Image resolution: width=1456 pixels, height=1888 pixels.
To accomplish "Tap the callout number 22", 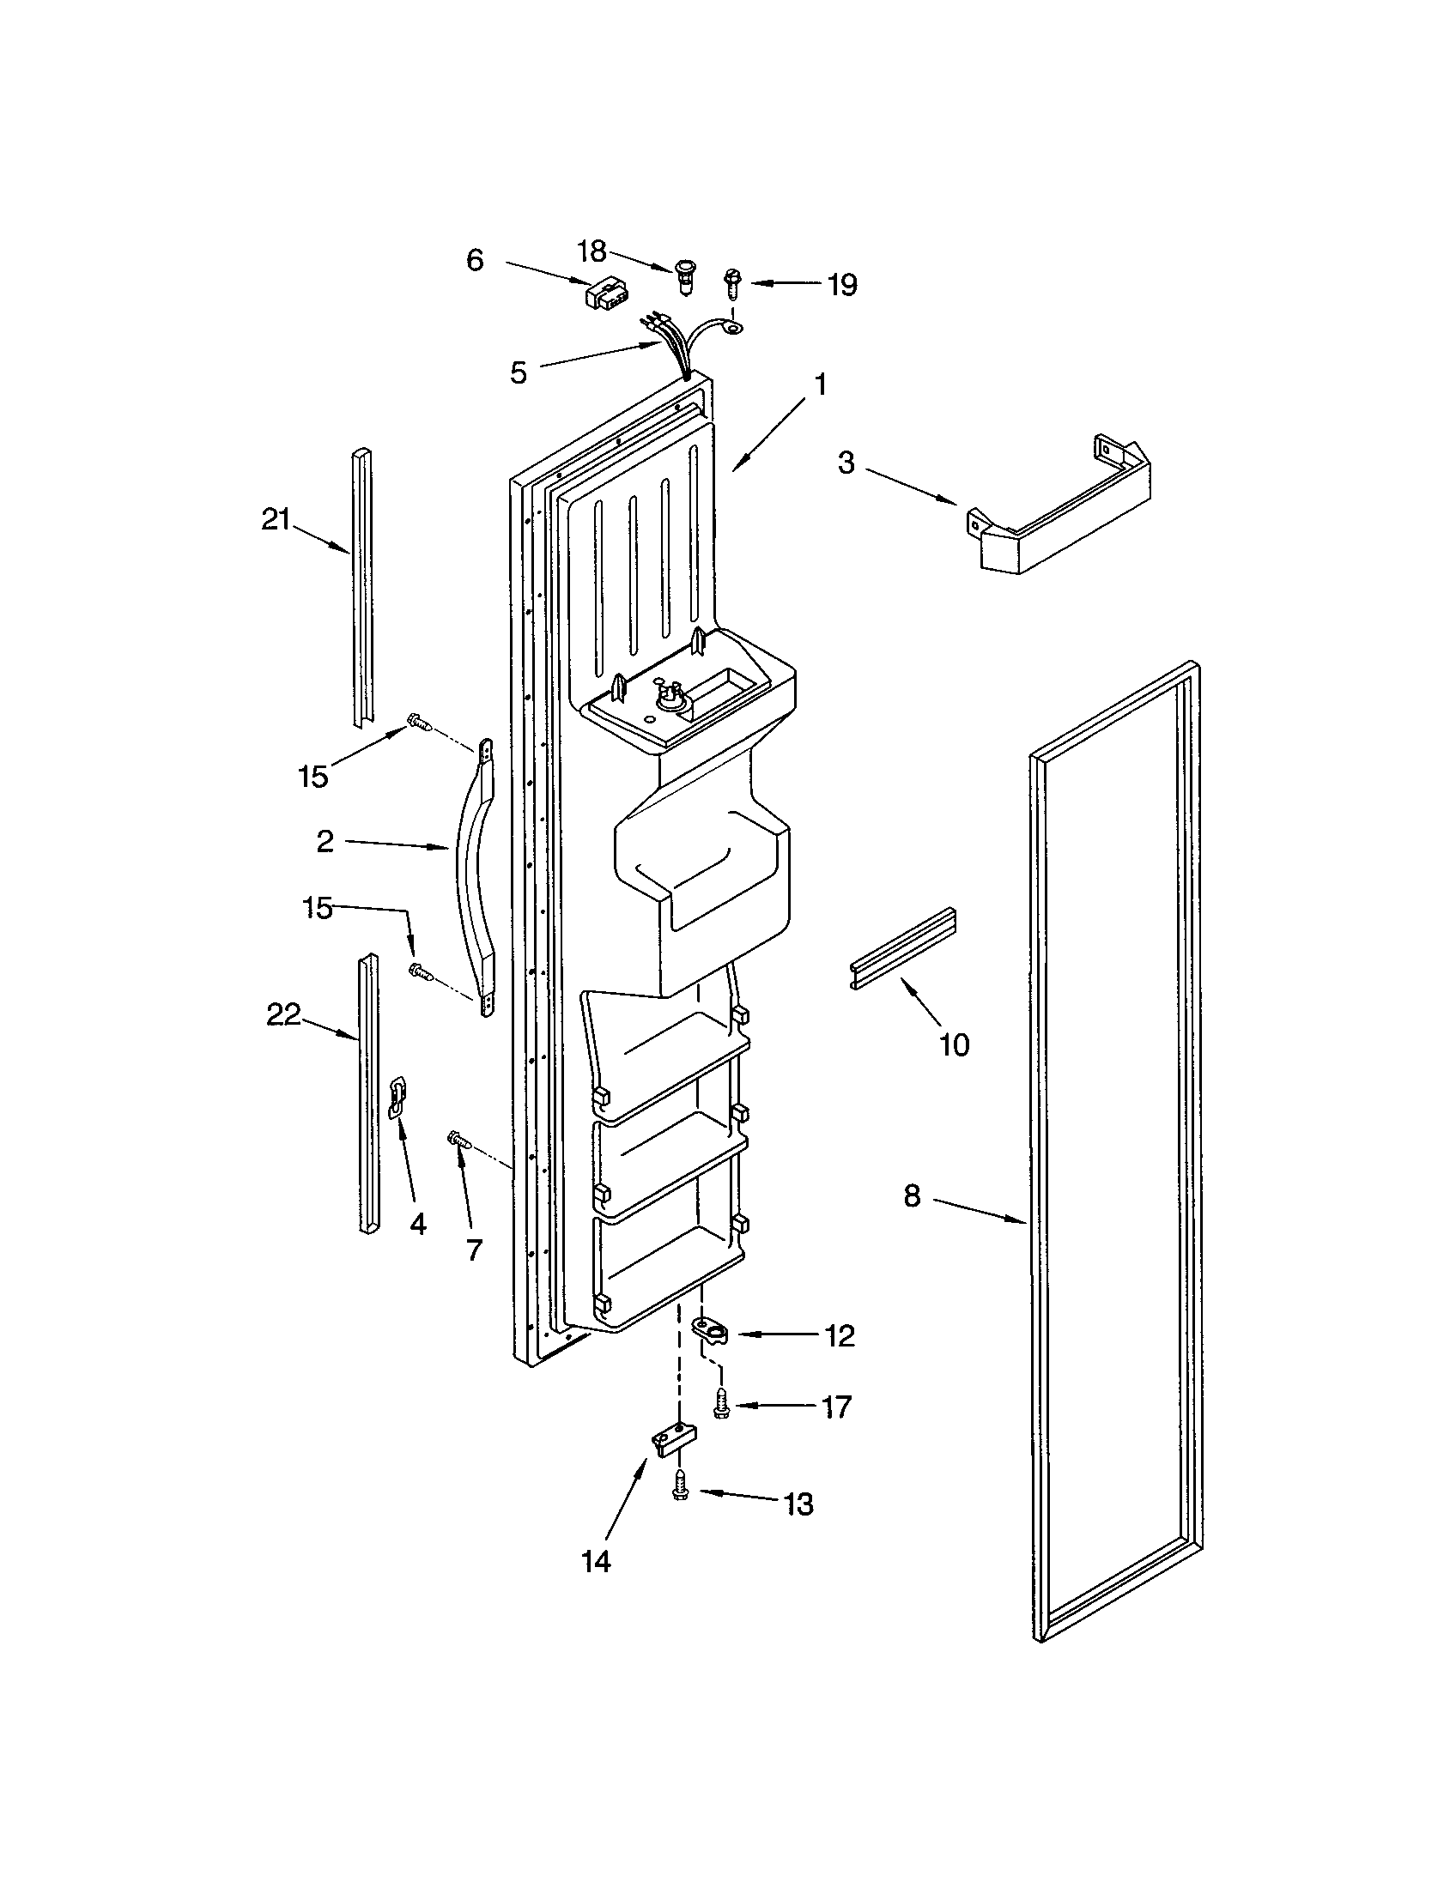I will tap(282, 1015).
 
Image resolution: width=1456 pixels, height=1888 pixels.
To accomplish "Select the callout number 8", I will tap(912, 1197).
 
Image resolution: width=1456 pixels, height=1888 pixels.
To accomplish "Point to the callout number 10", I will tap(955, 1045).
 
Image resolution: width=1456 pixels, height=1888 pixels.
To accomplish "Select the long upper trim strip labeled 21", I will tap(362, 588).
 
